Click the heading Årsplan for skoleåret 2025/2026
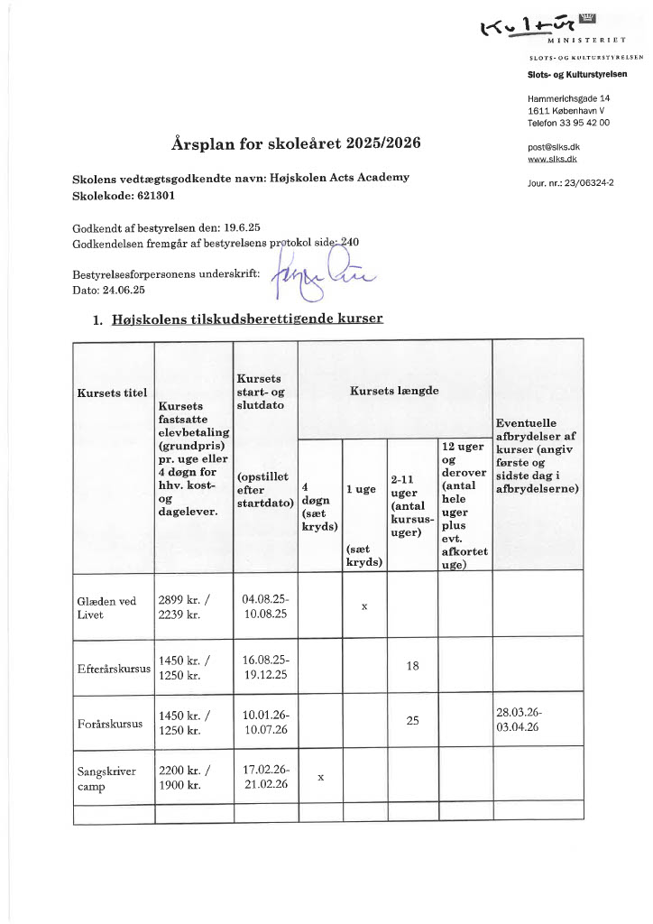coord(295,143)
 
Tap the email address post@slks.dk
coord(553,146)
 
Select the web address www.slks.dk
coord(552,158)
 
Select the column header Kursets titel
coord(112,393)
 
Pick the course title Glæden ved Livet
coord(101,606)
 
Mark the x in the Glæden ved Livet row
coord(364,606)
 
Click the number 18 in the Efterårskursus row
coord(412,666)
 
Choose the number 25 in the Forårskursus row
coord(412,722)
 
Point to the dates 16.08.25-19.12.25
coord(265,666)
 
